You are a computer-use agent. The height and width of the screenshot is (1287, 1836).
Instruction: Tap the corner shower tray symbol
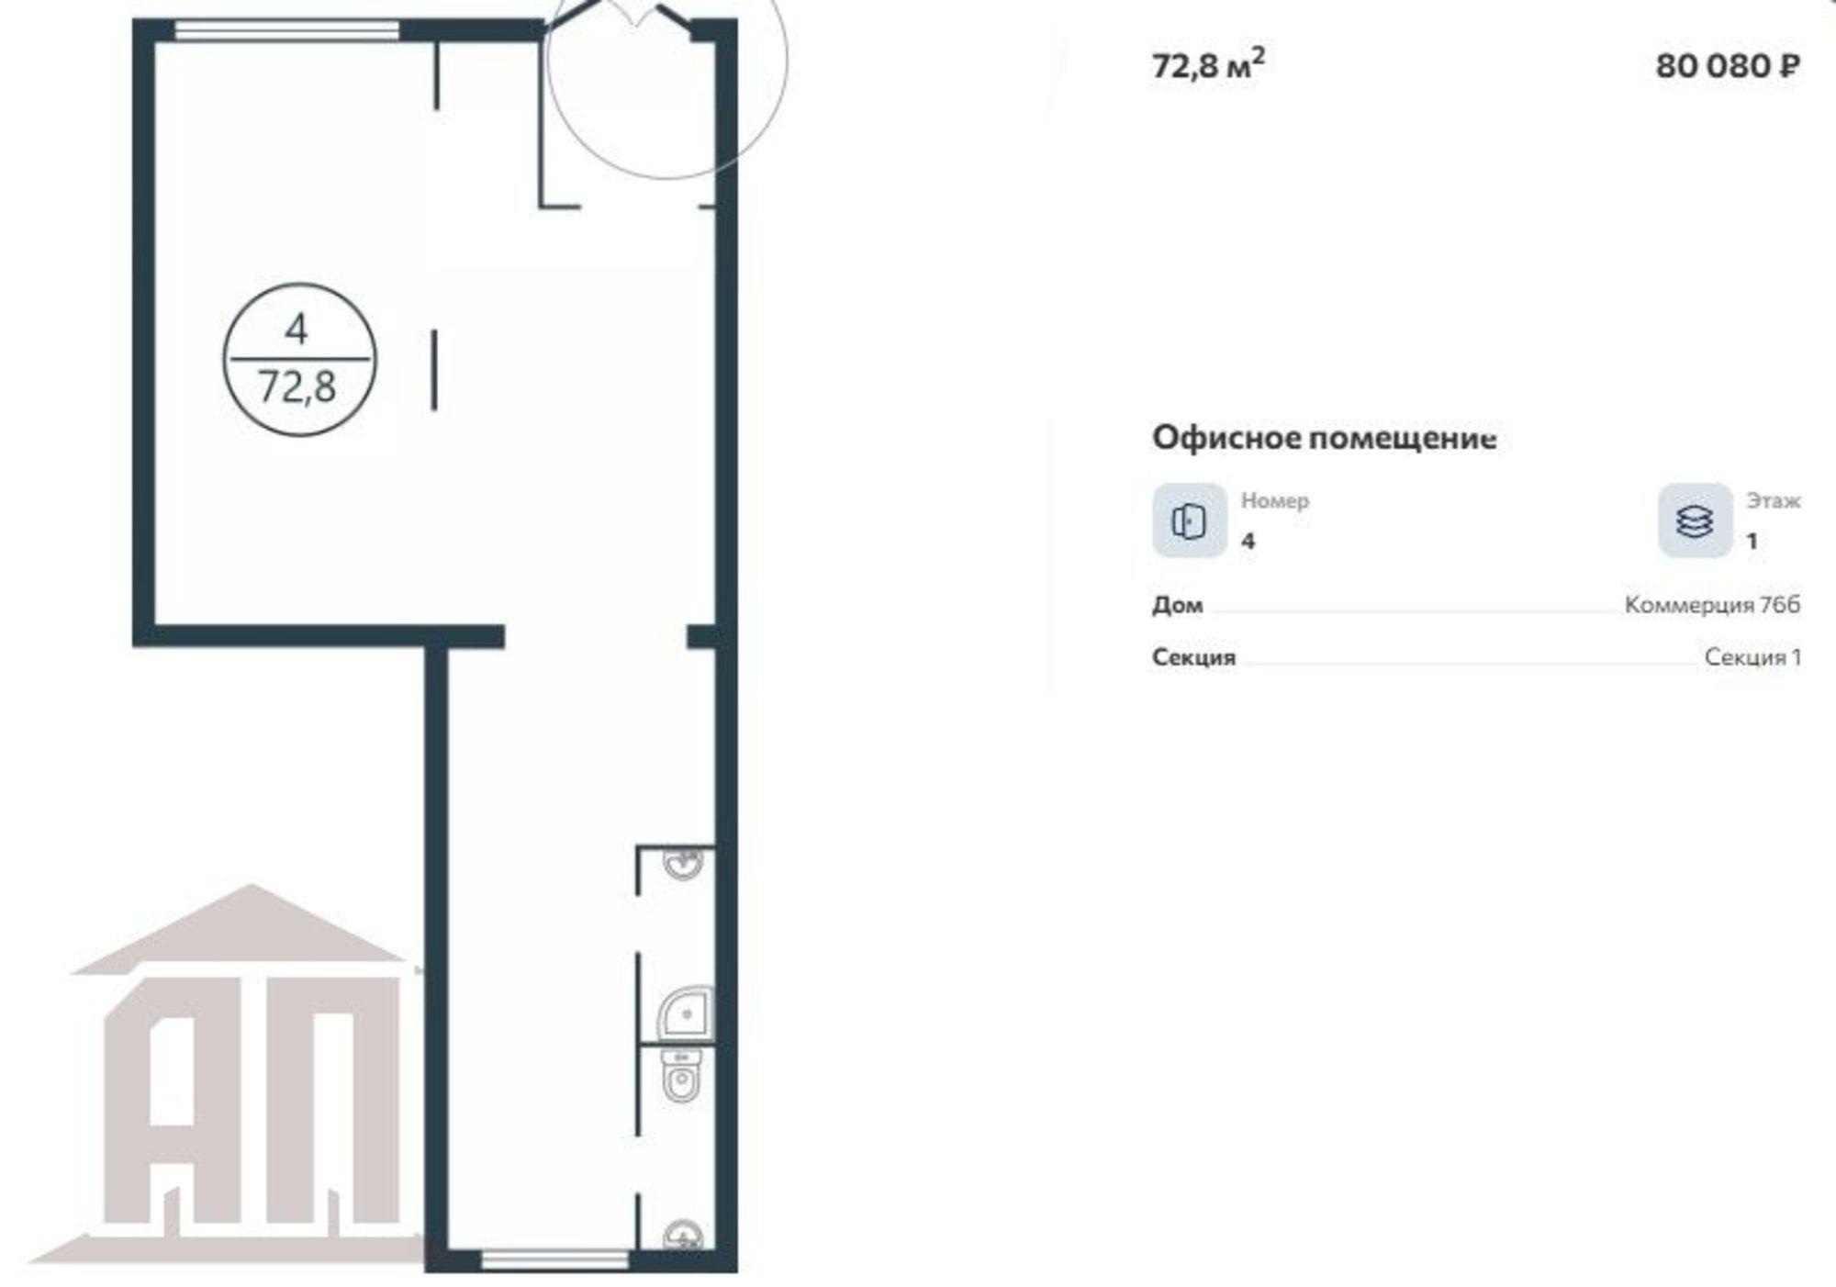pyautogui.click(x=686, y=1013)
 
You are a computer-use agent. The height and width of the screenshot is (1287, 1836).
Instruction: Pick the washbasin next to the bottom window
pyautogui.click(x=683, y=1236)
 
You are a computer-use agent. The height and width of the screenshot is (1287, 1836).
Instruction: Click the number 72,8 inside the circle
pyautogui.click(x=297, y=387)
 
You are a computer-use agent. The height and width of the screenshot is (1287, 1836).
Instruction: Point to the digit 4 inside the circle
pyautogui.click(x=297, y=329)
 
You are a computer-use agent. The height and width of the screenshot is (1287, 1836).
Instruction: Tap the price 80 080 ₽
pyautogui.click(x=1727, y=66)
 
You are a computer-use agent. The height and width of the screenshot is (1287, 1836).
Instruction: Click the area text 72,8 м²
pyautogui.click(x=1208, y=64)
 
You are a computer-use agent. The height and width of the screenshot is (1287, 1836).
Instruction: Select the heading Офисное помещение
pyautogui.click(x=1324, y=438)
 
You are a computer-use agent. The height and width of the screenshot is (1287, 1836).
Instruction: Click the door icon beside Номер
pyautogui.click(x=1190, y=520)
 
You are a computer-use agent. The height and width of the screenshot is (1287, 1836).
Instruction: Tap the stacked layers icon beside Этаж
pyautogui.click(x=1695, y=520)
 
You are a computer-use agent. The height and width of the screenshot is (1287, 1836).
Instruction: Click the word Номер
pyautogui.click(x=1275, y=501)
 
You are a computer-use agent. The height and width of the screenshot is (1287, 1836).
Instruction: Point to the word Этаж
pyautogui.click(x=1773, y=501)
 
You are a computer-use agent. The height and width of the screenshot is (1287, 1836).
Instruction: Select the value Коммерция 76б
pyautogui.click(x=1712, y=605)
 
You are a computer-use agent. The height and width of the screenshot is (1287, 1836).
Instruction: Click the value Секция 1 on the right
pyautogui.click(x=1752, y=657)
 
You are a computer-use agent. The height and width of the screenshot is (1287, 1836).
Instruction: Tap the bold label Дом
pyautogui.click(x=1177, y=606)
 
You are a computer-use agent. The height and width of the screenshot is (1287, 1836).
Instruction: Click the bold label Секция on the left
pyautogui.click(x=1193, y=657)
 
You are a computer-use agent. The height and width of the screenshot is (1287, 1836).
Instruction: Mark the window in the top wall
pyautogui.click(x=287, y=30)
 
